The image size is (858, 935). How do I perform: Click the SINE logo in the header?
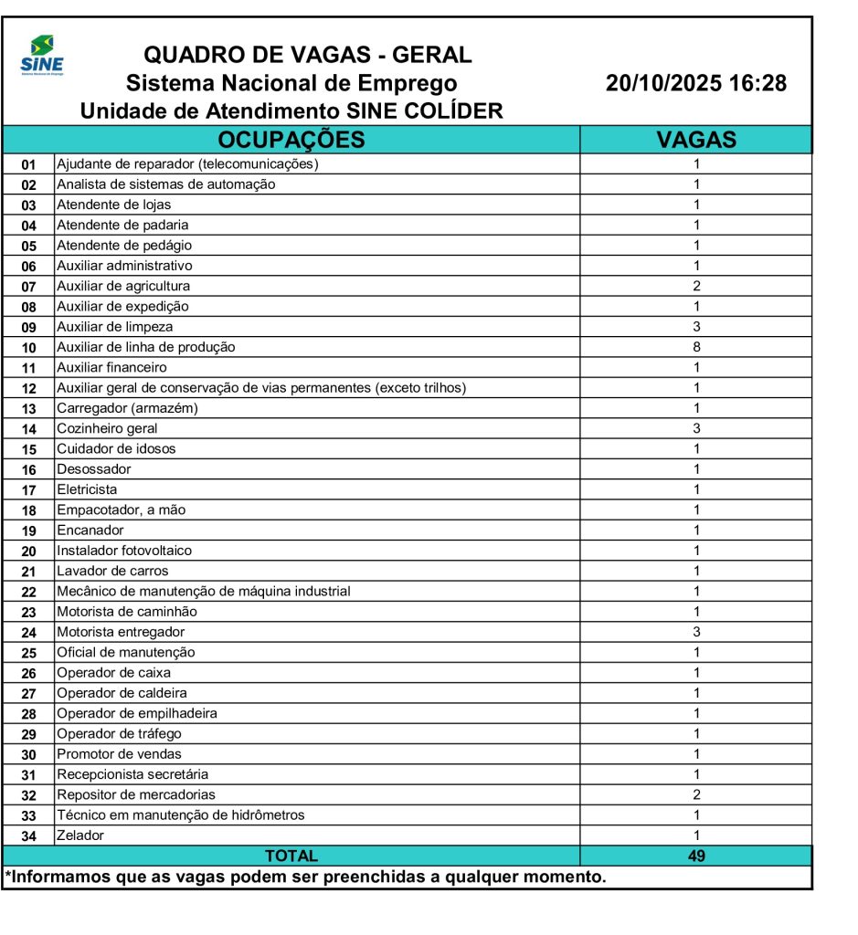[41, 57]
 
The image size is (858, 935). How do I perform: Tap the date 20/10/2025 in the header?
[664, 84]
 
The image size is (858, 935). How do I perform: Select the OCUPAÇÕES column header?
[291, 140]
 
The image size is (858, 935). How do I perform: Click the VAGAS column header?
[696, 140]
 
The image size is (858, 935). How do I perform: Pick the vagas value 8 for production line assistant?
[696, 347]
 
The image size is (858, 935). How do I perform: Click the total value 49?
[696, 856]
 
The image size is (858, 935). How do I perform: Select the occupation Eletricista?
[87, 489]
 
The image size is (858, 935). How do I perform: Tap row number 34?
[28, 836]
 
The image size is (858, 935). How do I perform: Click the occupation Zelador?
[80, 835]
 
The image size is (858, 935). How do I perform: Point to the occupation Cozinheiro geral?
[107, 428]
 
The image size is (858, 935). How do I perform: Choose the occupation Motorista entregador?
[121, 632]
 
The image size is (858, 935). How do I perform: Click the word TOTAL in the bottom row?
[291, 856]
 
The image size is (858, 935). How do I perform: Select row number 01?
[28, 164]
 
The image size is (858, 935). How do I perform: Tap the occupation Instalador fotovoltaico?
[124, 551]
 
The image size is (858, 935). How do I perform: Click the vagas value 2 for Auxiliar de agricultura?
[696, 286]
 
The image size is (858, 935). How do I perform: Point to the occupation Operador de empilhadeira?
[137, 713]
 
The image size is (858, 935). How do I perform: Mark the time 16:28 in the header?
[757, 84]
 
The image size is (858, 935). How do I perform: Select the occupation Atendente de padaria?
[122, 225]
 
